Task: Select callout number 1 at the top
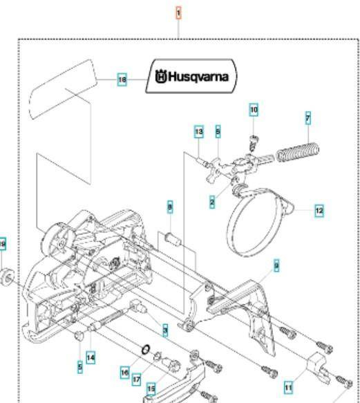click(x=178, y=13)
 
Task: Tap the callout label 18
click(x=122, y=79)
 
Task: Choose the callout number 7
click(x=307, y=119)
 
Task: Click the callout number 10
click(x=254, y=110)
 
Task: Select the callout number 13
click(x=198, y=131)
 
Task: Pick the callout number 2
click(x=211, y=201)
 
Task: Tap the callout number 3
click(x=165, y=331)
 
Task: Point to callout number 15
click(x=151, y=388)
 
